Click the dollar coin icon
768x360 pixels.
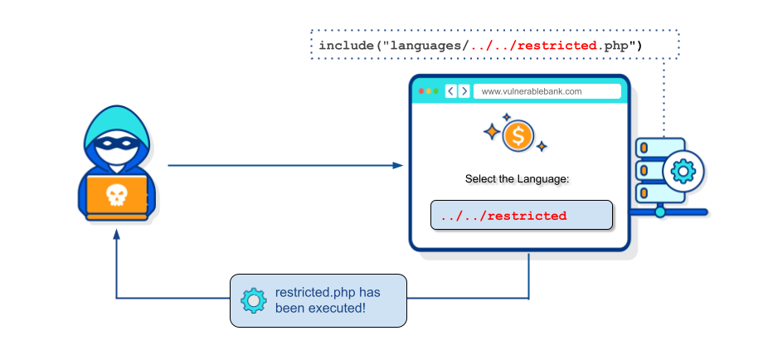(518, 135)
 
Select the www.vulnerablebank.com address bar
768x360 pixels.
(547, 91)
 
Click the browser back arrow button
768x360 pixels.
(450, 91)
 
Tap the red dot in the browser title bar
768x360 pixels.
(420, 91)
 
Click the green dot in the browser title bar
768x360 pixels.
(435, 91)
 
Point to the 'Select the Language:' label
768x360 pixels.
(518, 179)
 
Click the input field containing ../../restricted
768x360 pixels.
(521, 216)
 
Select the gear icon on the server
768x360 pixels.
(683, 171)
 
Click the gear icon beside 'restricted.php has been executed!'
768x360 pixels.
(252, 299)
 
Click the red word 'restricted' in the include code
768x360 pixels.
(557, 45)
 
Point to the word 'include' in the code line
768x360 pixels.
(346, 45)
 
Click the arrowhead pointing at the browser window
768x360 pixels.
(399, 166)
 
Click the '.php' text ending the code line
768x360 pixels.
(613, 45)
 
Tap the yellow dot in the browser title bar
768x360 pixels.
(428, 91)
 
